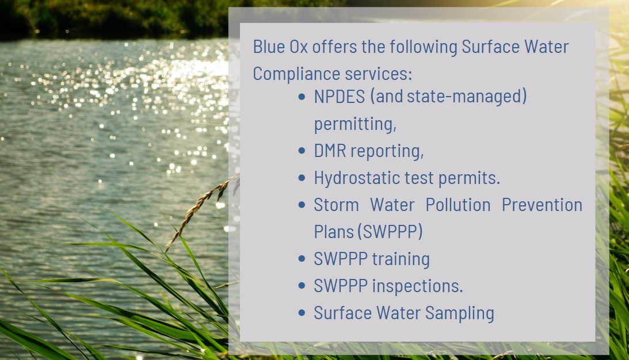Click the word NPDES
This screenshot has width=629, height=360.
click(x=340, y=97)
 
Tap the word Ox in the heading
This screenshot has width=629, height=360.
click(x=299, y=47)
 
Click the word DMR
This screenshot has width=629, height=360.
click(x=330, y=151)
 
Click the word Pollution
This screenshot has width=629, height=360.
click(x=458, y=205)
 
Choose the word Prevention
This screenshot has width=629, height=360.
click(x=542, y=205)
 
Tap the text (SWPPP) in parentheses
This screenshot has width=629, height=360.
click(x=390, y=232)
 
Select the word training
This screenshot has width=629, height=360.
click(x=401, y=259)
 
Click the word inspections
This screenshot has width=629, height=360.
click(x=417, y=286)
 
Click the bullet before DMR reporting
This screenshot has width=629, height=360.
click(x=302, y=151)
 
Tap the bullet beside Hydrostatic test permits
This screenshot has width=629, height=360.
click(x=302, y=178)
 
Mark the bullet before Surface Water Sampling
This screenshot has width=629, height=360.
click(x=302, y=313)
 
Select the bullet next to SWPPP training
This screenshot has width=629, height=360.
click(x=302, y=259)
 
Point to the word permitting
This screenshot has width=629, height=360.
click(x=355, y=124)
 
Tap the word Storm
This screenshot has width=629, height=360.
click(x=336, y=205)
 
